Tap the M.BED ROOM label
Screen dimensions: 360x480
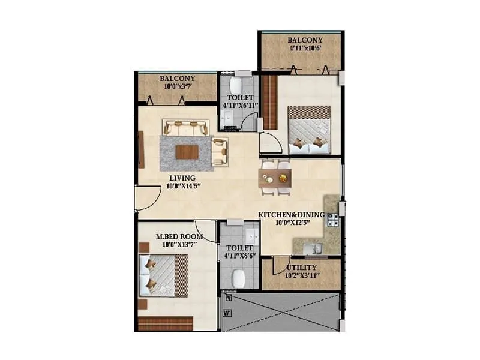point(179,236)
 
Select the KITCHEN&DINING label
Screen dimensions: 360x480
point(291,214)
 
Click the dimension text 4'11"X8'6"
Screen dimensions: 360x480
point(239,256)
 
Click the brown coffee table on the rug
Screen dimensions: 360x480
point(186,152)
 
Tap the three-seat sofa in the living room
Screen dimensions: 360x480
point(185,127)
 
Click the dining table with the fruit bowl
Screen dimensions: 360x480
point(275,178)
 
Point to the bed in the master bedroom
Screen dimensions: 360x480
point(163,274)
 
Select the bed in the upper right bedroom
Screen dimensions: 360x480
point(309,129)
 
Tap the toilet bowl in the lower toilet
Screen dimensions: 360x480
point(238,277)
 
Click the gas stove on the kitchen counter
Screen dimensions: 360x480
point(332,220)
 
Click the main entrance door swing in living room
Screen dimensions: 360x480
point(145,198)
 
